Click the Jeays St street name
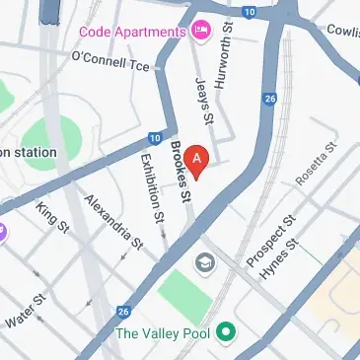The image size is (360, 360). [205, 102]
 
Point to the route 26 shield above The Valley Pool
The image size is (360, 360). [123, 312]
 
